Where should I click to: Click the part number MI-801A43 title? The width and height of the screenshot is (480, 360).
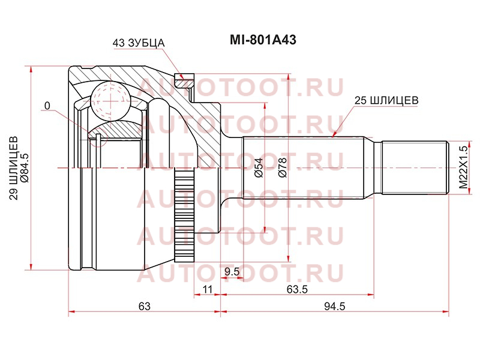pos(263,40)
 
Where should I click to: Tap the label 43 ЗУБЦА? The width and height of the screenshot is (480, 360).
pos(139,43)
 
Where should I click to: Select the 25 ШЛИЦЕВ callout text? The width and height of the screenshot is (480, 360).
pos(386,100)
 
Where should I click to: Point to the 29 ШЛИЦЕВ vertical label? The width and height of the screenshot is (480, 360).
pos(14,168)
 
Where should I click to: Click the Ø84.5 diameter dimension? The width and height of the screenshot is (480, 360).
pos(25,168)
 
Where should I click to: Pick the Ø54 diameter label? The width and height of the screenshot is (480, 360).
pos(259,167)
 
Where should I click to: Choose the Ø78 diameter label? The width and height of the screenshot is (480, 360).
pos(282,167)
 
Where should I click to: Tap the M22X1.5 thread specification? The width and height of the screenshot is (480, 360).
pos(464,167)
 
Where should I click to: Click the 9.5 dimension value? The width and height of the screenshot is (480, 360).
pos(232,272)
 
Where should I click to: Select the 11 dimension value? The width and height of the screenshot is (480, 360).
pos(207,289)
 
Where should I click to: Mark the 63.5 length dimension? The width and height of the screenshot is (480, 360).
pos(297,289)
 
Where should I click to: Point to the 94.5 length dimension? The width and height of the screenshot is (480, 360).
pos(335,306)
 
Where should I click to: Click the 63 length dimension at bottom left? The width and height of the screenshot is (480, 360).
pos(145,306)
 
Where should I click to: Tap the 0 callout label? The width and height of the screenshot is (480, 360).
pos(47,106)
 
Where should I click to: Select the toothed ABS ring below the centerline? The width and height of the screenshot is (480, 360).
pos(184,215)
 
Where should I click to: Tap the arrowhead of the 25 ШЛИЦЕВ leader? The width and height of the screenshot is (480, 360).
pos(334,134)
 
